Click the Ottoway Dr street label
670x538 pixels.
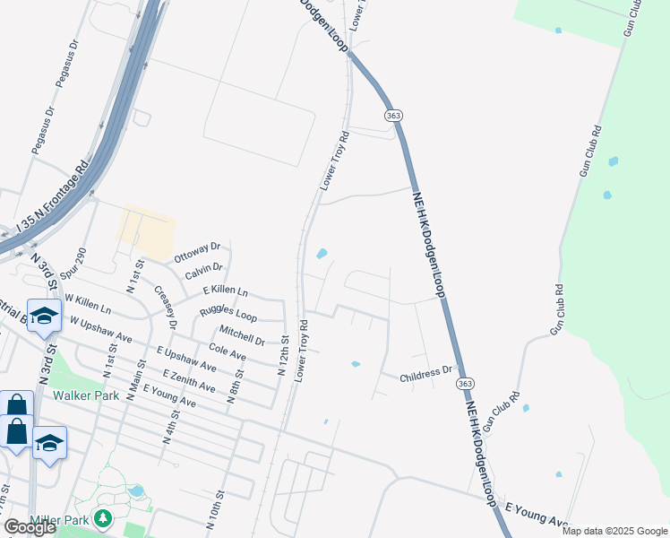pos(196,252)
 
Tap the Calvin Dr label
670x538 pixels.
pos(203,272)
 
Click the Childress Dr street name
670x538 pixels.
pos(427,371)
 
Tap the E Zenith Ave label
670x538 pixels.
pos(189,379)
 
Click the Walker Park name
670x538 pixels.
pos(86,395)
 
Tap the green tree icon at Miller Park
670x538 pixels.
pos(103,518)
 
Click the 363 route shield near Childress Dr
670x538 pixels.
pos(464,383)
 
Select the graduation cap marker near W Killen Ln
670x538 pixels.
pos(44,315)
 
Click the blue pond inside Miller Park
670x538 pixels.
pos(135,490)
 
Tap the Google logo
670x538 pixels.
pos(30,527)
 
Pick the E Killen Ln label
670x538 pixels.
pos(225,292)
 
